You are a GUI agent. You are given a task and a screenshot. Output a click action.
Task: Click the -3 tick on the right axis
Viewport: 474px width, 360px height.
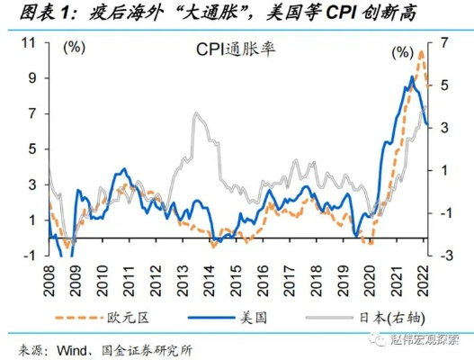click(x=440, y=255)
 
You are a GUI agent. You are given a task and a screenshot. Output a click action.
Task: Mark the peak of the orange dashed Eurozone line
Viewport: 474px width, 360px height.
click(x=420, y=52)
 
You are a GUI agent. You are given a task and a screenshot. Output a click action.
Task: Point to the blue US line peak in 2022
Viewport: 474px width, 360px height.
click(x=412, y=77)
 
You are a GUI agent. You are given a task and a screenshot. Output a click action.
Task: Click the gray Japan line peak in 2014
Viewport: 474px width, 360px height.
click(x=195, y=114)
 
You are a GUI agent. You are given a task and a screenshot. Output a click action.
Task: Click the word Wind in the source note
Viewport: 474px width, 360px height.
click(x=72, y=349)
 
